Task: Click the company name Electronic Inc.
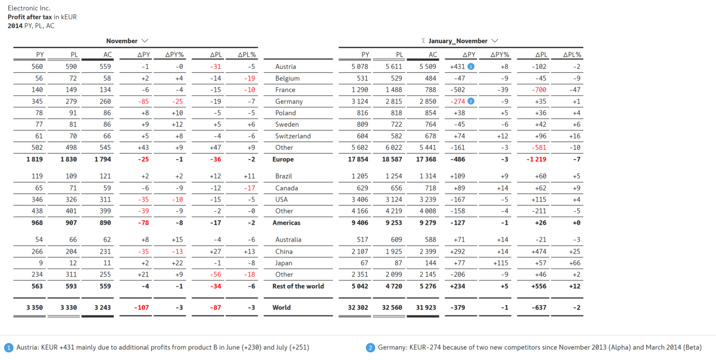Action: click(29, 8)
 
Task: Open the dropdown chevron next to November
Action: click(145, 41)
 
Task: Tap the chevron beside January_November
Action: click(495, 41)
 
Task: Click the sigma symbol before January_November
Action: click(423, 41)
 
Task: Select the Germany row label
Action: click(289, 101)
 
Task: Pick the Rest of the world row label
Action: click(298, 286)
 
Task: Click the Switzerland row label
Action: click(293, 136)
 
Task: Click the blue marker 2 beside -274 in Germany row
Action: click(471, 101)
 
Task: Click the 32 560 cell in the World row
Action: click(393, 307)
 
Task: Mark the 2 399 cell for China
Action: click(427, 251)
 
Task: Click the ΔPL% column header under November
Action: click(247, 55)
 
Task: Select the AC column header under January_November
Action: click(433, 55)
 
